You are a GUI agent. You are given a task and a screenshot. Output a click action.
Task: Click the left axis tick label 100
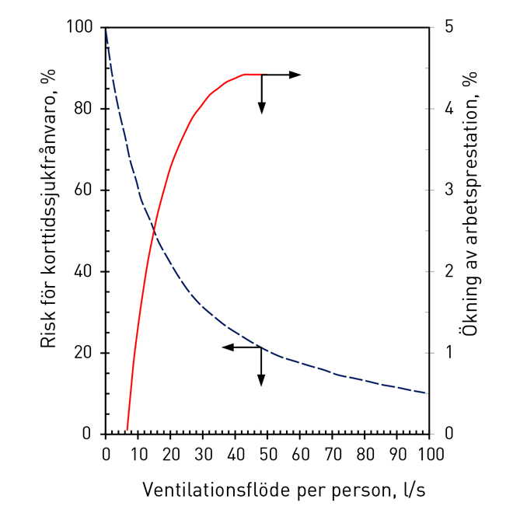click(x=80, y=28)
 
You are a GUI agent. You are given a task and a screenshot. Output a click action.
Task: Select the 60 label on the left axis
click(x=84, y=190)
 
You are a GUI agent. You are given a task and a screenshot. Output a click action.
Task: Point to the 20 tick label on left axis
click(x=84, y=353)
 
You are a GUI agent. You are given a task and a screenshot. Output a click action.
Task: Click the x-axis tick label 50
click(x=267, y=453)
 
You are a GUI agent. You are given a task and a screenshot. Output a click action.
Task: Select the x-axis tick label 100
click(x=429, y=453)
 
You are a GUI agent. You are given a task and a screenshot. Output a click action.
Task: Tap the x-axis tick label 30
click(x=203, y=453)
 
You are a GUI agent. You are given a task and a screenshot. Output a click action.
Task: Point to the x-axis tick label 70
click(x=333, y=453)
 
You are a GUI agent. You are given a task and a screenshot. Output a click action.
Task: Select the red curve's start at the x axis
click(x=127, y=430)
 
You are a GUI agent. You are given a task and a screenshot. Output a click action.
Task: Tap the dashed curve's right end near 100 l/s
click(x=426, y=393)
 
